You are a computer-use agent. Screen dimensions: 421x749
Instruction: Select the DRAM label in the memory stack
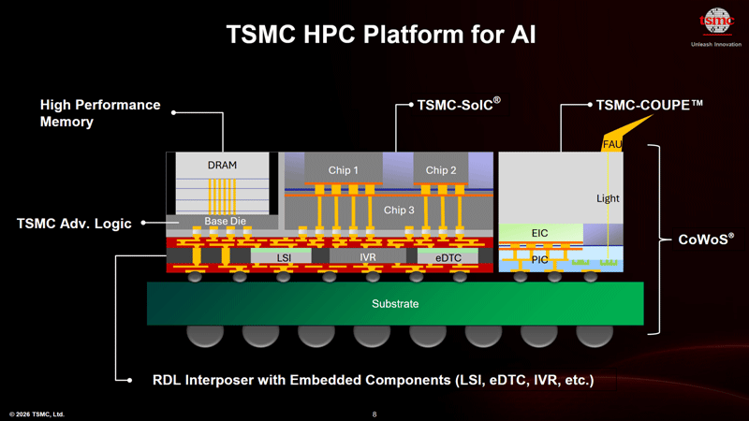click(x=222, y=166)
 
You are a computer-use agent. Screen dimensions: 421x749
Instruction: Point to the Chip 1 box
click(x=344, y=170)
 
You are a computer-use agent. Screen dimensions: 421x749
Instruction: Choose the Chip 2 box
click(x=441, y=170)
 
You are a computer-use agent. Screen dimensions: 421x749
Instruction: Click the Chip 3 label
click(x=400, y=210)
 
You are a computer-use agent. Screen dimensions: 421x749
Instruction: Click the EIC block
click(x=539, y=233)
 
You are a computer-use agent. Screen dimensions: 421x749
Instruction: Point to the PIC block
click(x=539, y=260)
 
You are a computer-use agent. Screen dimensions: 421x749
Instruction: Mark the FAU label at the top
click(x=611, y=144)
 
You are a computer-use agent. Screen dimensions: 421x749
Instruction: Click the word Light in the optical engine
click(x=608, y=198)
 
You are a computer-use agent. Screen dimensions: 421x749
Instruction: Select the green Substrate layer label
click(x=395, y=304)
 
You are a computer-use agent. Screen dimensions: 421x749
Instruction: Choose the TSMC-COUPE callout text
click(x=649, y=106)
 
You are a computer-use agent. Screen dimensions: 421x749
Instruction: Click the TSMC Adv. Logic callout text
click(x=74, y=223)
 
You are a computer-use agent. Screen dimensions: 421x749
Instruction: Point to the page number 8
click(x=374, y=414)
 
